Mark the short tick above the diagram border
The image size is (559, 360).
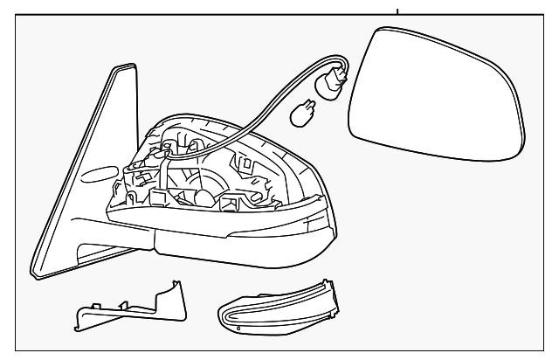point(398,11)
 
